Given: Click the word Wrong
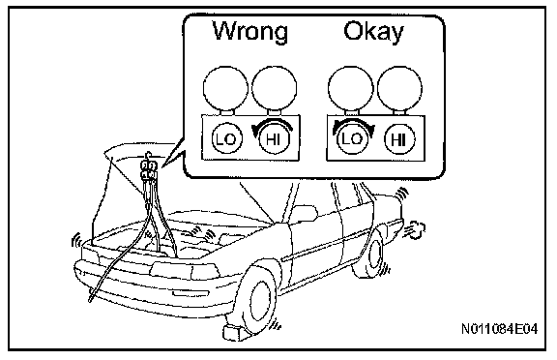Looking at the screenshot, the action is pyautogui.click(x=250, y=31).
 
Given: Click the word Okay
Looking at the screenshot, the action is pyautogui.click(x=373, y=31).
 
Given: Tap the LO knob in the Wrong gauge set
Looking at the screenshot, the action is pyautogui.click(x=226, y=139).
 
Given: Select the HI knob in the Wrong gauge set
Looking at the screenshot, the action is pyautogui.click(x=274, y=139).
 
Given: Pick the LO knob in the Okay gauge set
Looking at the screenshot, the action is pyautogui.click(x=351, y=139).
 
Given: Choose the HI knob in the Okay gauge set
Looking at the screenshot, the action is pyautogui.click(x=399, y=139).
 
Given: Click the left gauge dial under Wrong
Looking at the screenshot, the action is pyautogui.click(x=225, y=87).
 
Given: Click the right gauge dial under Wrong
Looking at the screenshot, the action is pyautogui.click(x=274, y=87).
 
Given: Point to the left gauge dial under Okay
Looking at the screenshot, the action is pyautogui.click(x=351, y=87).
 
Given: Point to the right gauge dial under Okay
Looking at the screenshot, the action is pyautogui.click(x=399, y=87).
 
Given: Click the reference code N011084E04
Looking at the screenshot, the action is pyautogui.click(x=499, y=329).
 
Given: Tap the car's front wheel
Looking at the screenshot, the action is pyautogui.click(x=255, y=301).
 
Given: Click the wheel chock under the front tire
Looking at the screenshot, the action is pyautogui.click(x=234, y=331).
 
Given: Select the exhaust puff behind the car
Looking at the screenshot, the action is pyautogui.click(x=415, y=230).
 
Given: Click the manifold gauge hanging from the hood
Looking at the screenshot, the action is pyautogui.click(x=149, y=169).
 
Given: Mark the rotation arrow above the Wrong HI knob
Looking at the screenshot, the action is pyautogui.click(x=273, y=125).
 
